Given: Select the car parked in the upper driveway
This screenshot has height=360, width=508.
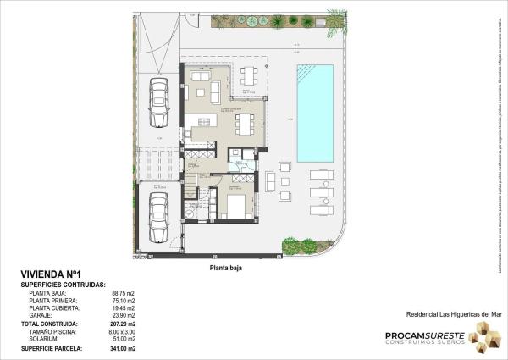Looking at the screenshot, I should point(158,97).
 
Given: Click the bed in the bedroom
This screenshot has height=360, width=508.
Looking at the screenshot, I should point(236,206).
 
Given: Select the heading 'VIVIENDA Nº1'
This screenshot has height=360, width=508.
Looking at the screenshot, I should point(50,274).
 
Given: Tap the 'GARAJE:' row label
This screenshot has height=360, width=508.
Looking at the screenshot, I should point(42,315).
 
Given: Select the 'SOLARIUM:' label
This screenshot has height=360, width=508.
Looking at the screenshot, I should point(46,339).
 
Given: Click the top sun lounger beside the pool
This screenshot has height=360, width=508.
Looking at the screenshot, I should point(321,175).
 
